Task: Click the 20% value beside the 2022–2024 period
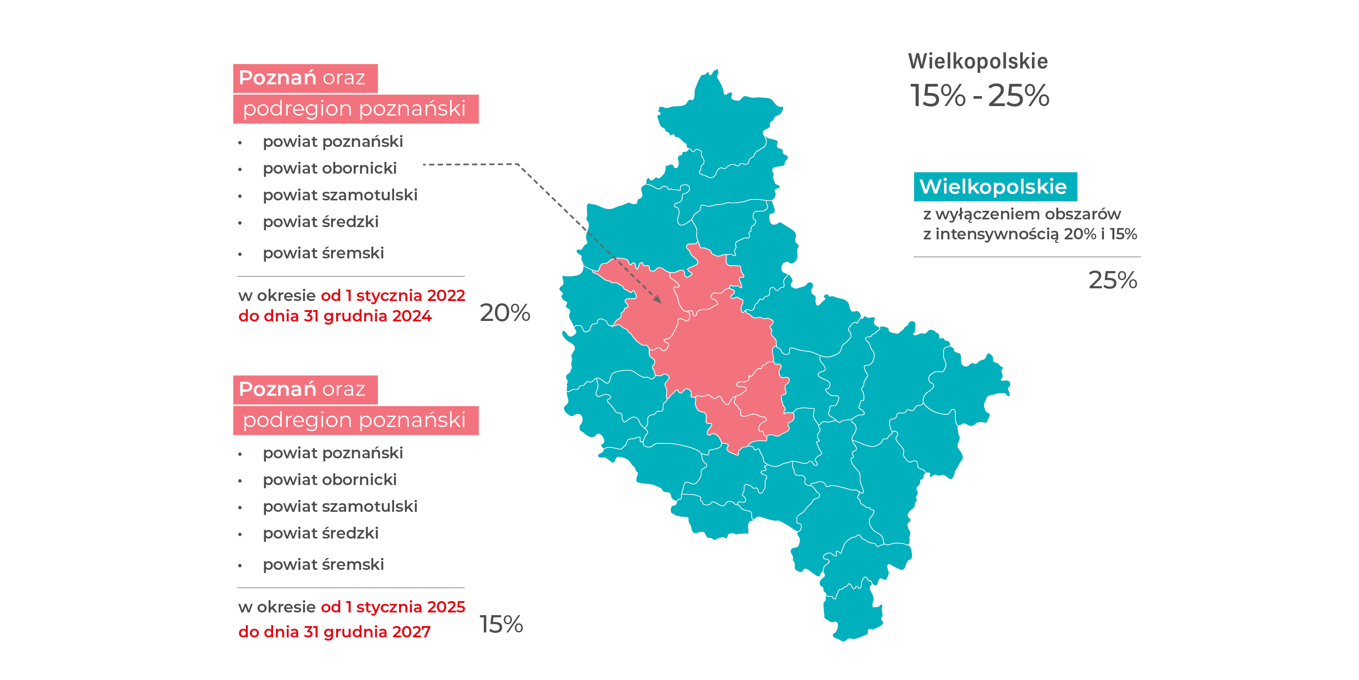tap(504, 312)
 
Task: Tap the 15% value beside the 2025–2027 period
tap(501, 624)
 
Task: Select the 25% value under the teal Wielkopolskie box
tap(1112, 280)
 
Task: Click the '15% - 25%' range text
tap(979, 96)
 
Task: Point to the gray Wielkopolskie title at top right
tap(978, 61)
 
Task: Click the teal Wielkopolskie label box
tap(994, 187)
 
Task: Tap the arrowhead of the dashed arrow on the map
tap(658, 300)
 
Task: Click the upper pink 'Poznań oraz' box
tap(305, 78)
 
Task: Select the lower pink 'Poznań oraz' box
tap(305, 389)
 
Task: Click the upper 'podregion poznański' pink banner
tap(356, 109)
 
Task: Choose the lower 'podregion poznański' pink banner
tap(356, 420)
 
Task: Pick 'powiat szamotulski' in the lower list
tap(340, 506)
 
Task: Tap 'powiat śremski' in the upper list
tap(323, 253)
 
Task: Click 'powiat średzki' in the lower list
tap(321, 533)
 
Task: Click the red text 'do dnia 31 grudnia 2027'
tap(334, 632)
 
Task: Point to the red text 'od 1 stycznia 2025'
tap(392, 607)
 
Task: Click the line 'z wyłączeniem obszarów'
tap(1022, 214)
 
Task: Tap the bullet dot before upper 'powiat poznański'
tap(240, 142)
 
